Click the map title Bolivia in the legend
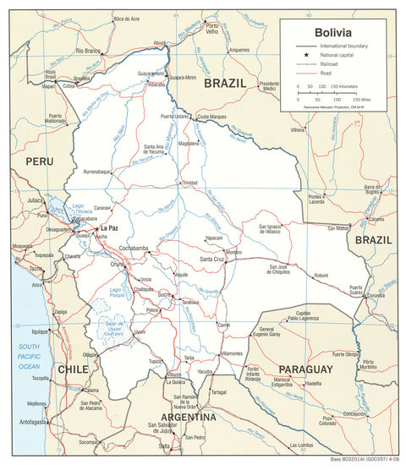point(334,32)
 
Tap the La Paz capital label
point(110,228)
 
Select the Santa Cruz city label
point(212,258)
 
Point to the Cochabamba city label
point(134,248)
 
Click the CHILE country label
point(74,369)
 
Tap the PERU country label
point(39,161)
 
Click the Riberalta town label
point(156,85)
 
